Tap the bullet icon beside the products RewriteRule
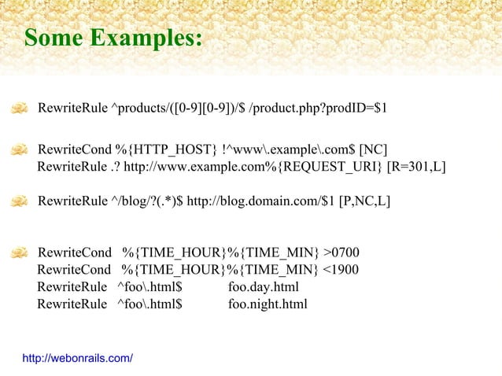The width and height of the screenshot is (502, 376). tap(20, 107)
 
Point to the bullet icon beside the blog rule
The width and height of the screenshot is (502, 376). tap(20, 201)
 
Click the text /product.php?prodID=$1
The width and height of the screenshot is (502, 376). tap(317, 107)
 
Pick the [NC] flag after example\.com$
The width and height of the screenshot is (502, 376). tap(373, 149)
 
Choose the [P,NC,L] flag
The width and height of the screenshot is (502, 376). tap(364, 201)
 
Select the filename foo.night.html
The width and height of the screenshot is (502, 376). tap(268, 304)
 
